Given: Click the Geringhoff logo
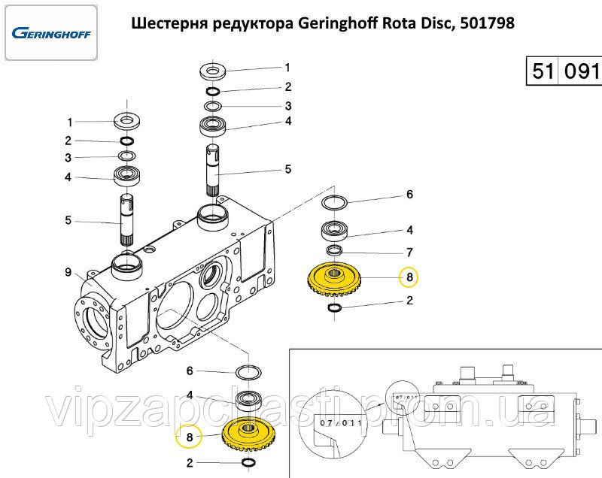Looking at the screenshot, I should (50, 33).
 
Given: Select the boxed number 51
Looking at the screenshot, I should (543, 72).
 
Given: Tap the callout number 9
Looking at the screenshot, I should (68, 271).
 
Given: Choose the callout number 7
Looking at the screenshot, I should (409, 252).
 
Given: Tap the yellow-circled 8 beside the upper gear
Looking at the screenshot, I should (409, 277).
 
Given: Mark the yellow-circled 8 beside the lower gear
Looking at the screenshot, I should (190, 437).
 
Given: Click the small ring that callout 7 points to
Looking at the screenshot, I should (333, 250).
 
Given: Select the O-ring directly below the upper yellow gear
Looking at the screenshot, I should (336, 307).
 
